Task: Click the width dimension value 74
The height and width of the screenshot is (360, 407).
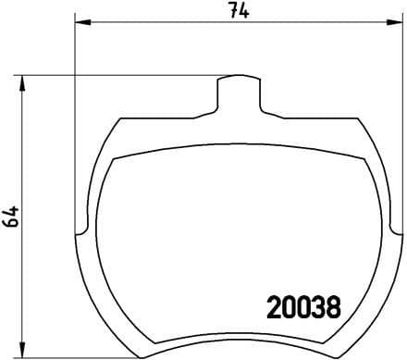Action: click(241, 10)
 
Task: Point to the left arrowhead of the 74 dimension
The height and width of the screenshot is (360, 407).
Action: click(80, 20)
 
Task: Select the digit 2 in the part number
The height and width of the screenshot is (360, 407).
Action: click(275, 305)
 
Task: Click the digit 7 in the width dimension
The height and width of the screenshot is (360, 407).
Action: click(235, 10)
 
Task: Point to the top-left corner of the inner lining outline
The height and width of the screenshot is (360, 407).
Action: click(113, 159)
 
